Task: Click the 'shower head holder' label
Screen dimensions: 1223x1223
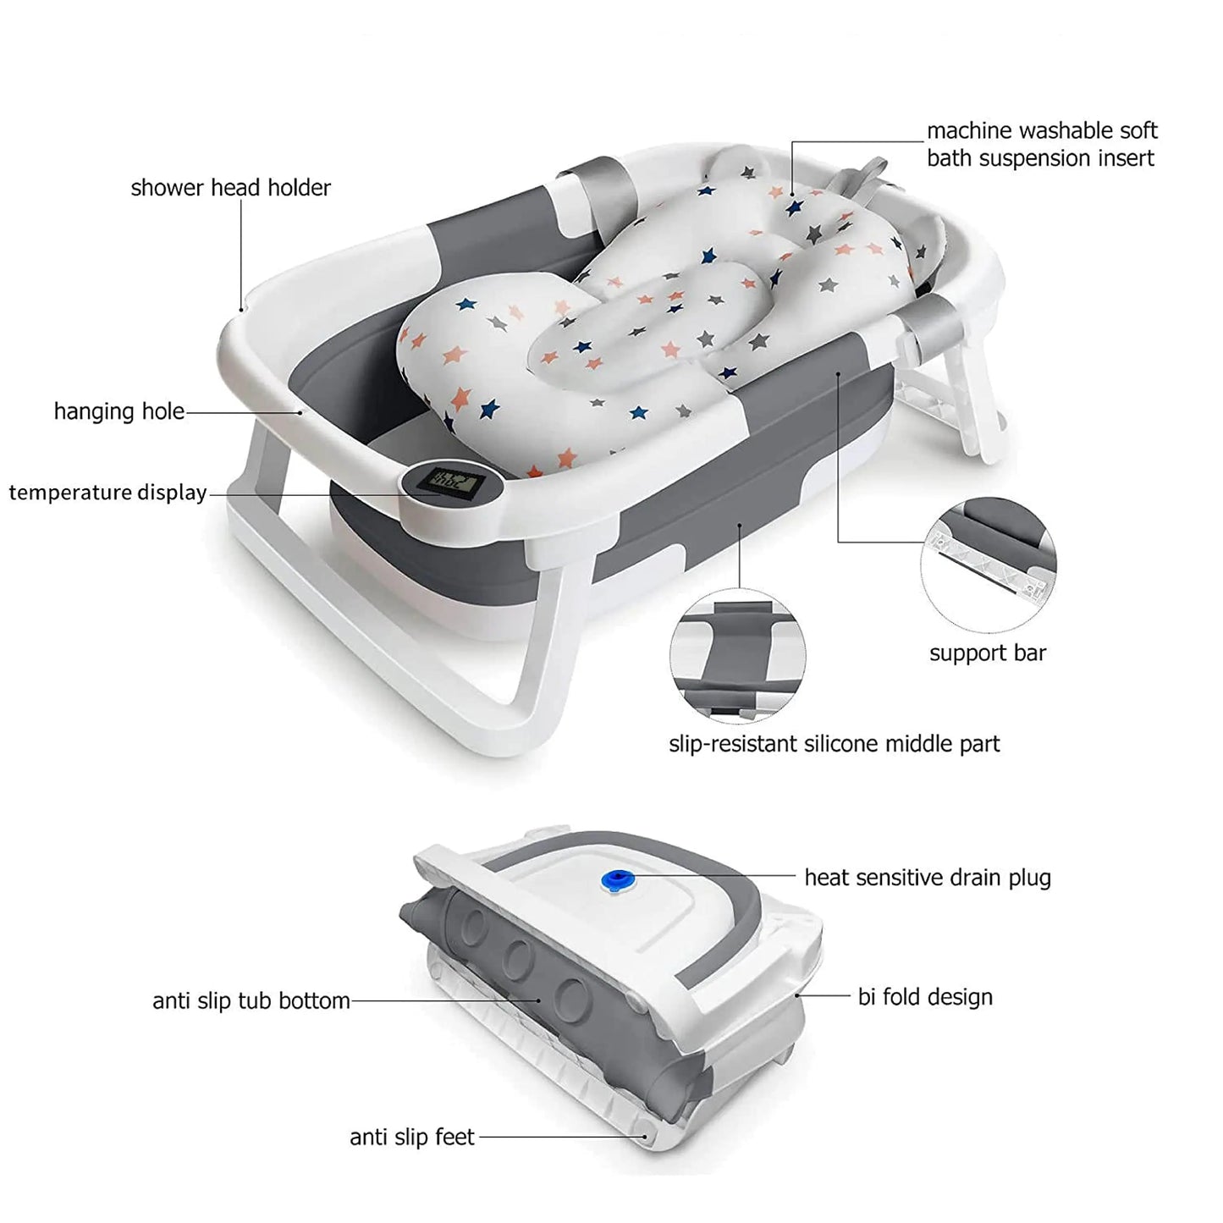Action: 230,188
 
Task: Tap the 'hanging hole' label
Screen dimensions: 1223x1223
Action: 118,411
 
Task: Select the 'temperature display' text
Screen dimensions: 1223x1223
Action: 107,493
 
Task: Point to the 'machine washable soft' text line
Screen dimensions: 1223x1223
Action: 1042,131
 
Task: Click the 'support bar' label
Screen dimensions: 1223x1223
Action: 987,653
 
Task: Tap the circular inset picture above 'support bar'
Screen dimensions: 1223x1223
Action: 988,565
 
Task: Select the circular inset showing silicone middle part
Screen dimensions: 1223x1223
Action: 737,657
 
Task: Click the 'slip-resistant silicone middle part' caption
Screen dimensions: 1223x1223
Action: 834,745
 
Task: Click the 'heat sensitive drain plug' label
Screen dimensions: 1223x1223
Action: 928,878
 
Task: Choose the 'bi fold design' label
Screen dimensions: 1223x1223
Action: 925,997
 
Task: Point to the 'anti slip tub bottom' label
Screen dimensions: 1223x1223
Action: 251,1001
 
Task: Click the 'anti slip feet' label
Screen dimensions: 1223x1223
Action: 412,1138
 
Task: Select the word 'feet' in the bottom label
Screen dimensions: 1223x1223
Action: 454,1138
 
